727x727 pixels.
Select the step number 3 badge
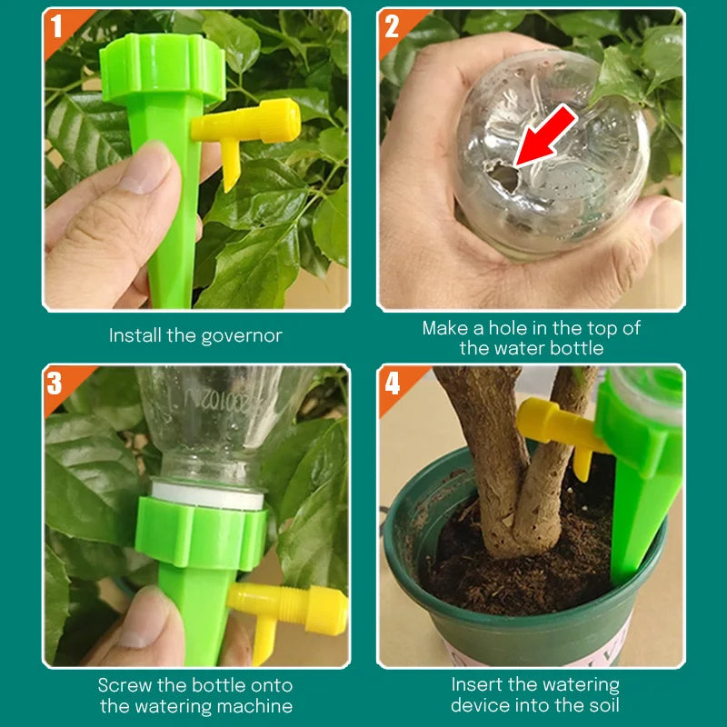56,383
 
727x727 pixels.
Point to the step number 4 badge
392,383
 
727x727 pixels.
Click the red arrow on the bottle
546,135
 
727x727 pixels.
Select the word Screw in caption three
125,685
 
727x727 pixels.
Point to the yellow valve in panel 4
555,427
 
